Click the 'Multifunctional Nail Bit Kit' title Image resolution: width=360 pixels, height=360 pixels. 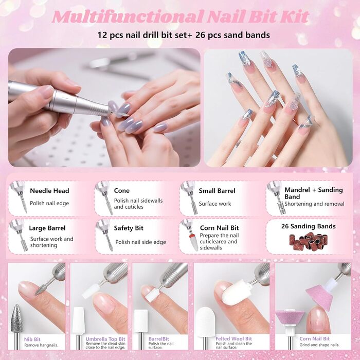pyautogui.click(x=181, y=16)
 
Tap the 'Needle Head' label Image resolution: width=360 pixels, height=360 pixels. pyautogui.click(x=49, y=191)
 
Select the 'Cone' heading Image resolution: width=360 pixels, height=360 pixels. pyautogui.click(x=122, y=191)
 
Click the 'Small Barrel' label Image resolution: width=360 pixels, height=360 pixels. pyautogui.click(x=217, y=191)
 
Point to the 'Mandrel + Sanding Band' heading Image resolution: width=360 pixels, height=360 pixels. pyautogui.click(x=314, y=193)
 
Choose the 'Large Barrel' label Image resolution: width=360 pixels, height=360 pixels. pyautogui.click(x=47, y=228)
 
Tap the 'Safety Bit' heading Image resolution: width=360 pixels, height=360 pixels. pyautogui.click(x=129, y=228)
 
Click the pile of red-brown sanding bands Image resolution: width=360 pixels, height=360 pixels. pyautogui.click(x=308, y=241)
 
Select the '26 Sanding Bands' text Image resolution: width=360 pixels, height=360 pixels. pyautogui.click(x=309, y=226)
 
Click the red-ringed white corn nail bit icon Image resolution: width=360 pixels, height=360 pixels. pyautogui.click(x=193, y=242)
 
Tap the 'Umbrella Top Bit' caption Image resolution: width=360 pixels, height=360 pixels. pyautogui.click(x=105, y=339)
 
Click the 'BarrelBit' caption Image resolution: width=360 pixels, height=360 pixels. pyautogui.click(x=158, y=339)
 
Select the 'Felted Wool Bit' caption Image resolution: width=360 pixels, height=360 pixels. pyautogui.click(x=233, y=338)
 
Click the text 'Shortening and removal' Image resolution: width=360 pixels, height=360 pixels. pyautogui.click(x=314, y=204)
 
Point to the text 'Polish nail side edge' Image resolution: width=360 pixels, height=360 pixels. pyautogui.click(x=140, y=242)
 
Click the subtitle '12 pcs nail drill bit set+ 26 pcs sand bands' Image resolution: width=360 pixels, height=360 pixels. pyautogui.click(x=184, y=35)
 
